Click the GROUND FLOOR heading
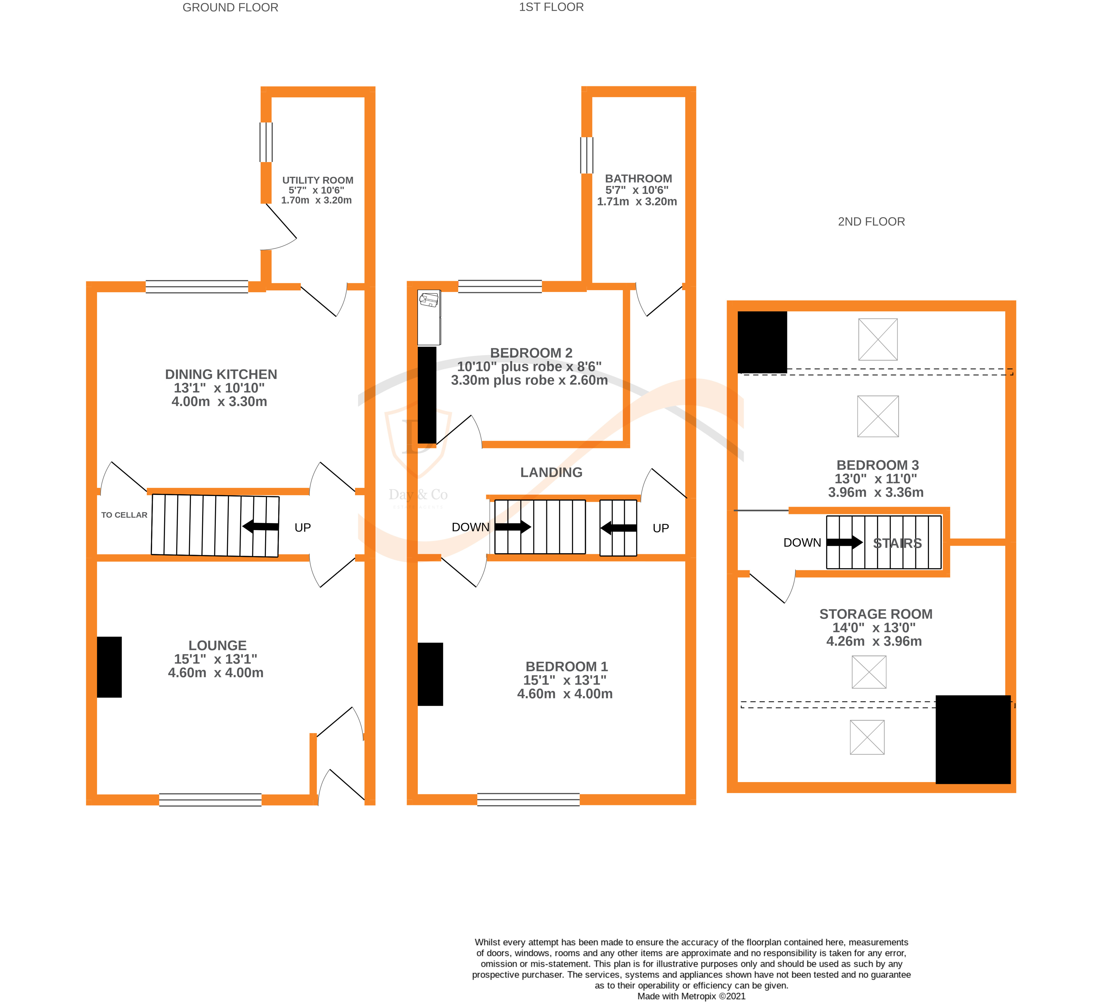pyautogui.click(x=230, y=8)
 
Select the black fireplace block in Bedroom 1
pyautogui.click(x=430, y=674)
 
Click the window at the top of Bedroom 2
pyautogui.click(x=500, y=286)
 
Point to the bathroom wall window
pyautogui.click(x=586, y=155)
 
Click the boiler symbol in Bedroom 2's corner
pyautogui.click(x=429, y=301)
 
